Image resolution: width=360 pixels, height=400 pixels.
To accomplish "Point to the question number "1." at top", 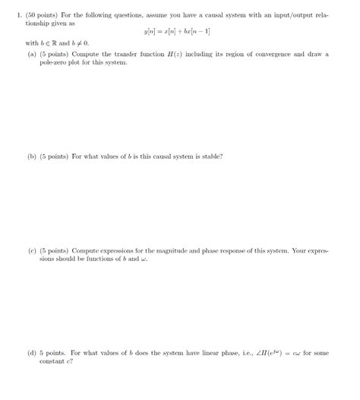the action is (20, 10).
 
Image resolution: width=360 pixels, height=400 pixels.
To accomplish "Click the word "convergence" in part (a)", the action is (273, 55).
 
